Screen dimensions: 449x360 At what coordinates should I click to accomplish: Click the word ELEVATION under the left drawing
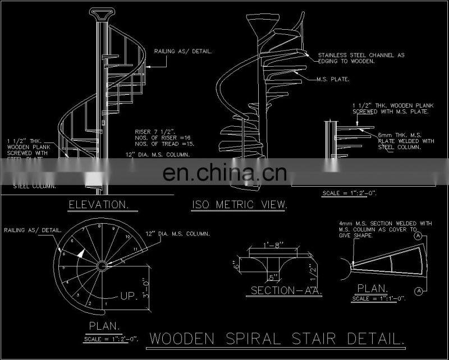click(x=99, y=205)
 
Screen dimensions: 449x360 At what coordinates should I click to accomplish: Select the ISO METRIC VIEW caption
click(x=240, y=205)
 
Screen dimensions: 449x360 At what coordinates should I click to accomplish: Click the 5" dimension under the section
click(x=273, y=276)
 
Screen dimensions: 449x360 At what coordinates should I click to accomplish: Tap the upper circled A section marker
click(x=418, y=237)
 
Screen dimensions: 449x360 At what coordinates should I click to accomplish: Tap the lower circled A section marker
click(x=418, y=290)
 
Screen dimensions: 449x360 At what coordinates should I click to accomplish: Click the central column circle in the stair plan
click(x=102, y=265)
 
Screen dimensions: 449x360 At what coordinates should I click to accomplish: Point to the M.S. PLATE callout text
click(x=333, y=79)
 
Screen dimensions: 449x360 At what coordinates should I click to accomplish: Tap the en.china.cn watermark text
click(x=224, y=172)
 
